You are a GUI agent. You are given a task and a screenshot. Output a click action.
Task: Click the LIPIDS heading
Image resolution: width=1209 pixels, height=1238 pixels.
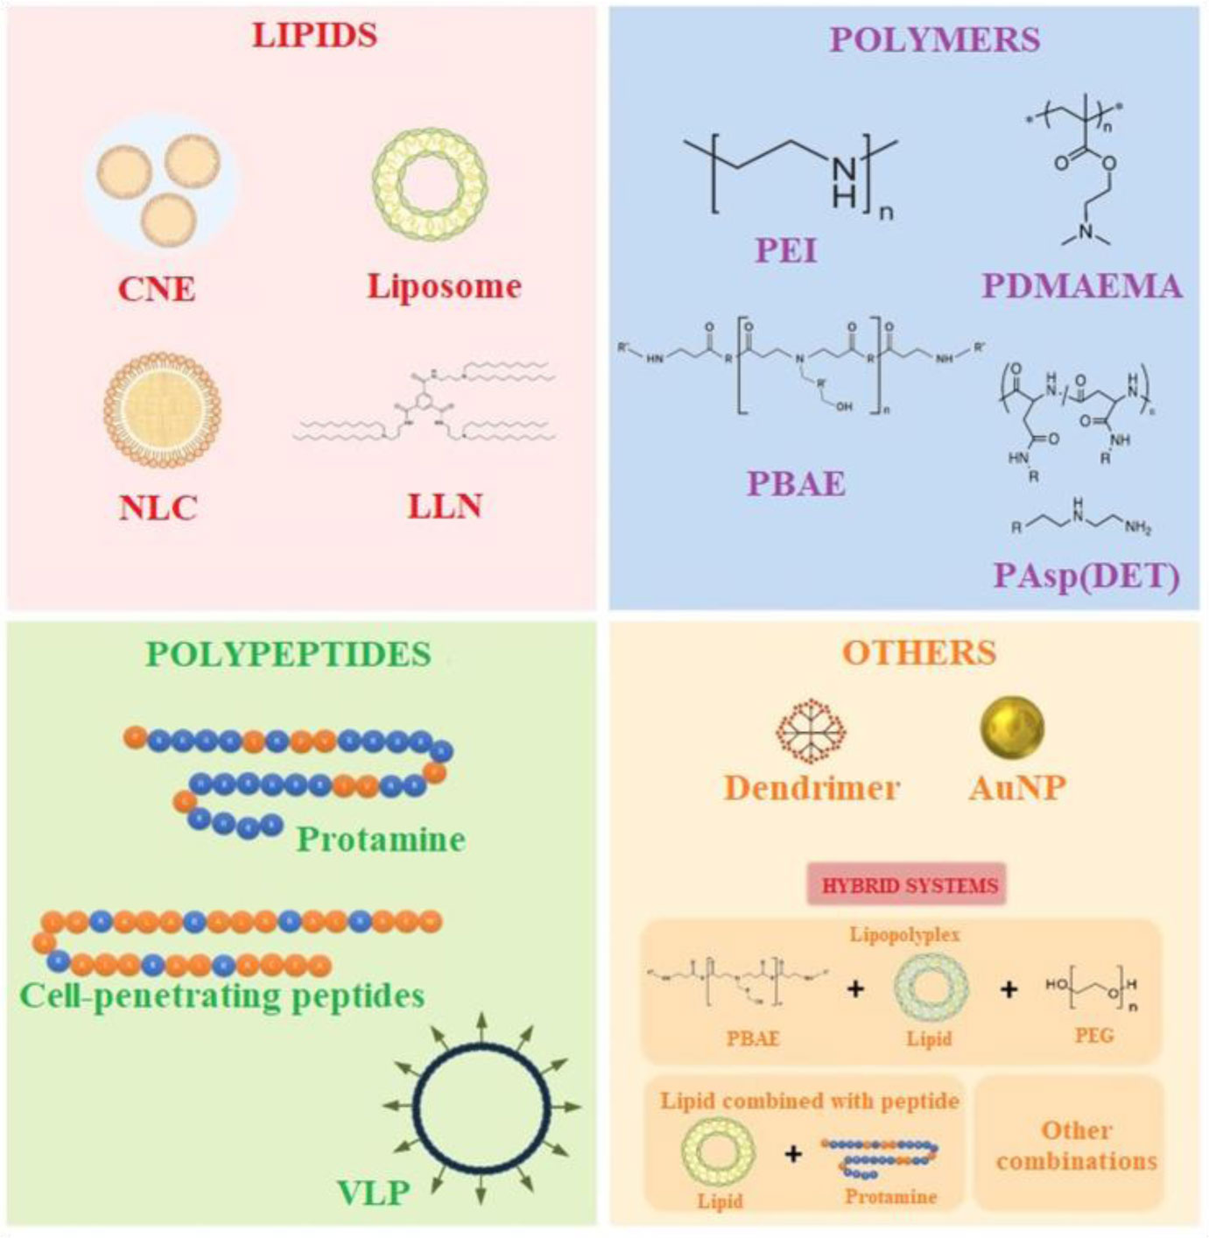click(314, 35)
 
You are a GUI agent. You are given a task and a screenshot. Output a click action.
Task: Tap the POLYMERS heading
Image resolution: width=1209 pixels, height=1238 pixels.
click(934, 39)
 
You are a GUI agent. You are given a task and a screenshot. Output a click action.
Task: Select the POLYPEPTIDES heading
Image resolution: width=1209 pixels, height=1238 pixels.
click(288, 654)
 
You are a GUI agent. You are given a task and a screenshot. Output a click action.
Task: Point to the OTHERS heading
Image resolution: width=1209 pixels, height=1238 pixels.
click(919, 652)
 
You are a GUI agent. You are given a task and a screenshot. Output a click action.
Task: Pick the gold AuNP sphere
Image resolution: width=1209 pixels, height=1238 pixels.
click(1012, 727)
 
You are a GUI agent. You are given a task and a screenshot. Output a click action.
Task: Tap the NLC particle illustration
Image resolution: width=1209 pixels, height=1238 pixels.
click(162, 410)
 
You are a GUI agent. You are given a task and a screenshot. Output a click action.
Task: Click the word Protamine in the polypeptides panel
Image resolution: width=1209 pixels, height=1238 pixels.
click(381, 839)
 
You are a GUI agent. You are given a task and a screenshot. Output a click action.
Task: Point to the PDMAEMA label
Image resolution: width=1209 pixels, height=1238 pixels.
click(1082, 285)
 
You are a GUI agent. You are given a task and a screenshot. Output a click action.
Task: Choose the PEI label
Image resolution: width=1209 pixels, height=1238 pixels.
click(786, 250)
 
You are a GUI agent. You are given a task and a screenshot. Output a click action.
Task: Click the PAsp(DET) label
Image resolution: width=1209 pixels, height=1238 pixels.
click(1086, 575)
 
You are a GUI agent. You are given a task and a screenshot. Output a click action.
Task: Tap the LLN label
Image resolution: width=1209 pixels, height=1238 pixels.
click(445, 505)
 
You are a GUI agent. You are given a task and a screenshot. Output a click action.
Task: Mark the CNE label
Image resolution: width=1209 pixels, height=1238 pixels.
click(157, 288)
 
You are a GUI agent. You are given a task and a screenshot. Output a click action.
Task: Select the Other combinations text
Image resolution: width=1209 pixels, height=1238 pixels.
click(1076, 1145)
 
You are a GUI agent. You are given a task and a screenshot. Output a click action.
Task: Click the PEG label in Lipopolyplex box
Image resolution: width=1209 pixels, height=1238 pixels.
click(1094, 1036)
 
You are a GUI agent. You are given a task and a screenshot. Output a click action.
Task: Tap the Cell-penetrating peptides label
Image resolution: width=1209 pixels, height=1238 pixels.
click(222, 995)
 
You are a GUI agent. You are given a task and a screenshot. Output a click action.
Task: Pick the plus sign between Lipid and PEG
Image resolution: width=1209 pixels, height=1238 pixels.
click(1009, 989)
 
